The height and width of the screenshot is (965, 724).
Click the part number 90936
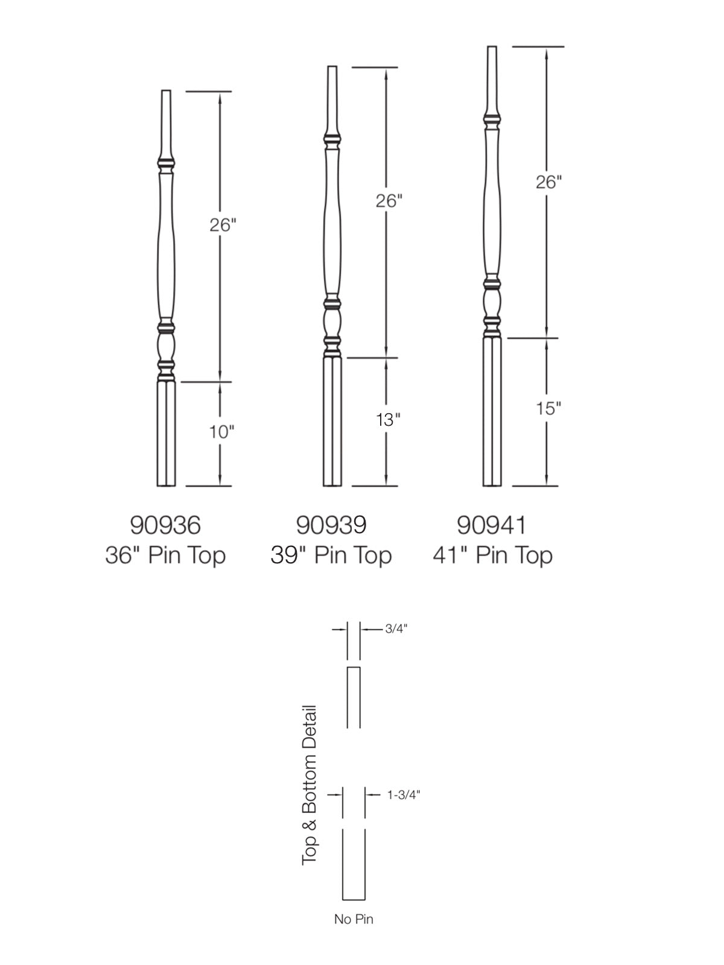pyautogui.click(x=165, y=525)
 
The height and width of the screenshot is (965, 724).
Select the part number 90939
pyautogui.click(x=331, y=525)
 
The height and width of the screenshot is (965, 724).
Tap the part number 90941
pyautogui.click(x=492, y=525)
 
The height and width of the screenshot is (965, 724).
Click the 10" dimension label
pyautogui.click(x=221, y=432)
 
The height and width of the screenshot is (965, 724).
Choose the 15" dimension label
pyautogui.click(x=548, y=408)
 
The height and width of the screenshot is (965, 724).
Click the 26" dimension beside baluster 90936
pyautogui.click(x=223, y=225)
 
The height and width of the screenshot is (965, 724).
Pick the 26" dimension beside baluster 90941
pyautogui.click(x=548, y=182)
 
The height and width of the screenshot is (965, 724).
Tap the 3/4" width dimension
pyautogui.click(x=396, y=628)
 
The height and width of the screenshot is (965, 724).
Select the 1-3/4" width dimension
pyautogui.click(x=404, y=794)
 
